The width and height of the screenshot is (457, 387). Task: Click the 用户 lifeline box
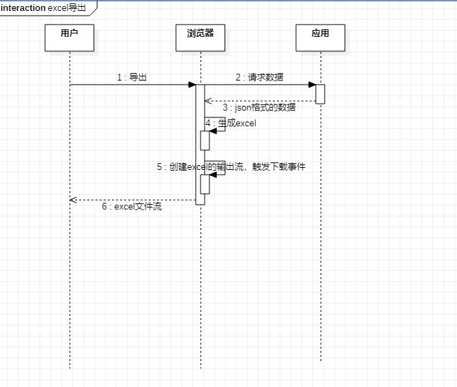click(x=69, y=38)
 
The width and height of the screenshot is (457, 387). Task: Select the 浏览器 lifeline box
click(x=201, y=38)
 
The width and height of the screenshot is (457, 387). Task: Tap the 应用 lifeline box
click(x=320, y=38)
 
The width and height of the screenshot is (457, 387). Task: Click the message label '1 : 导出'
click(x=132, y=77)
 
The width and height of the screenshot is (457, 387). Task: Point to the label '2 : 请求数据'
click(x=260, y=77)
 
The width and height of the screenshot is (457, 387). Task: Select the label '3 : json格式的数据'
click(x=259, y=107)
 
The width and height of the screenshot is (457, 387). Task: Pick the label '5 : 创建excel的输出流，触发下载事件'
click(x=231, y=167)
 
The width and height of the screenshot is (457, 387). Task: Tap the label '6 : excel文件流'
click(x=132, y=206)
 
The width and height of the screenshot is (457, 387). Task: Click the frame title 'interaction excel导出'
click(x=44, y=8)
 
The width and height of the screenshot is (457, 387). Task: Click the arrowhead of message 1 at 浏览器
click(x=192, y=85)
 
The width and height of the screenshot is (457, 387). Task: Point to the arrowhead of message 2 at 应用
click(x=312, y=85)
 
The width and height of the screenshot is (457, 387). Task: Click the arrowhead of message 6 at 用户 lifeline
click(x=73, y=200)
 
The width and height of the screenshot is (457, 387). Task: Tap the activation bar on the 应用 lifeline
click(x=320, y=94)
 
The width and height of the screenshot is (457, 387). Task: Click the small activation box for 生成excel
click(x=205, y=140)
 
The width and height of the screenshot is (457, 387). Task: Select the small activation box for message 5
click(x=205, y=184)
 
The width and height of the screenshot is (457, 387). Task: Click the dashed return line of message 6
click(x=136, y=200)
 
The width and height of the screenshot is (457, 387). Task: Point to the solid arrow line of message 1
click(x=130, y=85)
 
